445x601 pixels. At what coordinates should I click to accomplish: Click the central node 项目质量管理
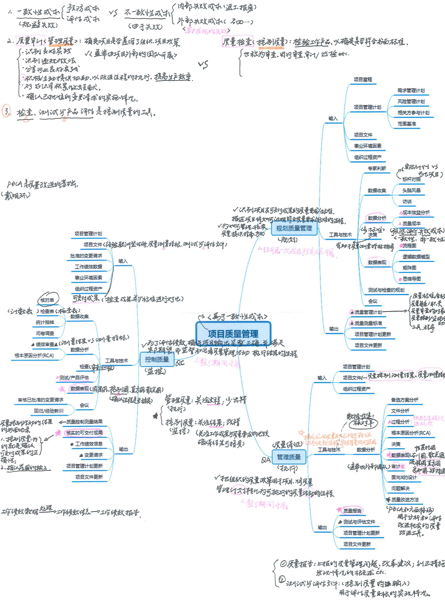[233, 334]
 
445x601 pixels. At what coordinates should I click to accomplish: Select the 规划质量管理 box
[294, 229]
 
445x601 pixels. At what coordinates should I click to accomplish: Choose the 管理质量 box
[289, 457]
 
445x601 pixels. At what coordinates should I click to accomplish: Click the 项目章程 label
[363, 80]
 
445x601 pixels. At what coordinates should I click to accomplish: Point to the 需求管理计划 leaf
[411, 91]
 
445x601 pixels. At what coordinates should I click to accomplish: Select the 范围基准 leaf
[407, 124]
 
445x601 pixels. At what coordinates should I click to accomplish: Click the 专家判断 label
[377, 168]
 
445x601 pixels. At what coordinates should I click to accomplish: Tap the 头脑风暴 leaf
[411, 190]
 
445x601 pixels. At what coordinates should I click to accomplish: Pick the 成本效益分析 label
[416, 212]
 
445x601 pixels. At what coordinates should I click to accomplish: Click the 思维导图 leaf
[412, 279]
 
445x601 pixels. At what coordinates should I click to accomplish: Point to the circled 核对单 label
[48, 300]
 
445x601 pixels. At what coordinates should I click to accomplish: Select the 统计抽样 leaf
[45, 322]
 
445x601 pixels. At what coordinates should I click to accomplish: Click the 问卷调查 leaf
[45, 333]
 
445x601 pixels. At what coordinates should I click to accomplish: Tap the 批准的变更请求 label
[86, 256]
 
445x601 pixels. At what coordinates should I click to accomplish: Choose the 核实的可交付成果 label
[84, 433]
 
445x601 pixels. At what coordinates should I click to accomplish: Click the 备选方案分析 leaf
[405, 400]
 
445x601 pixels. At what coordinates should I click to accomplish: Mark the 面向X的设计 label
[404, 477]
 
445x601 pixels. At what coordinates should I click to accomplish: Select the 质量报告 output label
[352, 511]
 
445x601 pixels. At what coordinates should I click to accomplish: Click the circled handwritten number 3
[6, 111]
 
